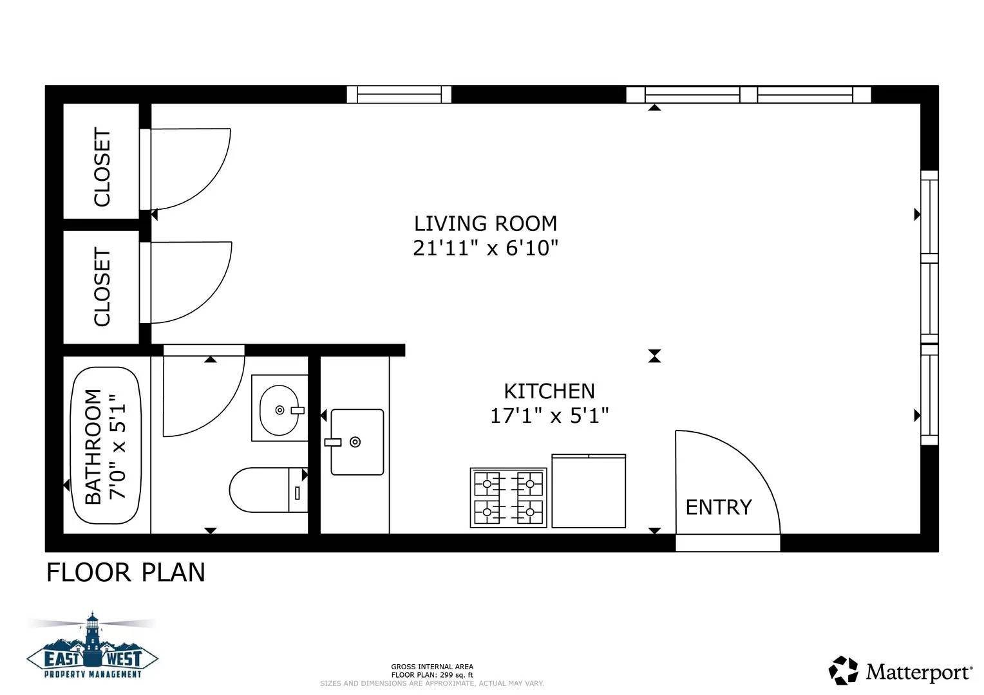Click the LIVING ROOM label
[485, 223]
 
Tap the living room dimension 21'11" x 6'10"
[485, 248]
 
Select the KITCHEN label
[549, 391]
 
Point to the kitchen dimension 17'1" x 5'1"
[549, 416]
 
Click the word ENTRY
[718, 508]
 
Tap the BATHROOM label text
[93, 447]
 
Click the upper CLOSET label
[102, 167]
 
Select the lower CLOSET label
[102, 287]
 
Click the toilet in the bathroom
[268, 490]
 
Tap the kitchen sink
[357, 441]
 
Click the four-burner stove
[508, 497]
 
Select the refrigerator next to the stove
[589, 491]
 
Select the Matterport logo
[900, 671]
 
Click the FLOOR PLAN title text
[126, 573]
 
